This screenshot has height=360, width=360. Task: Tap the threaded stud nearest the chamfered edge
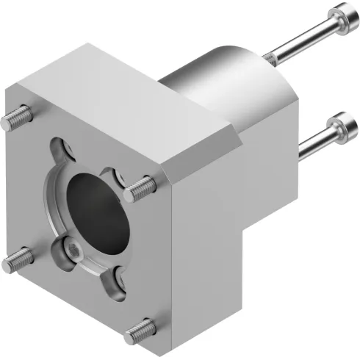(x=140, y=190)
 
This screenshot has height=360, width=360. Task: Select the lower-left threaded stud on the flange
(x=18, y=259)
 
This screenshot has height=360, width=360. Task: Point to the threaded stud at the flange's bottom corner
(x=139, y=331)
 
